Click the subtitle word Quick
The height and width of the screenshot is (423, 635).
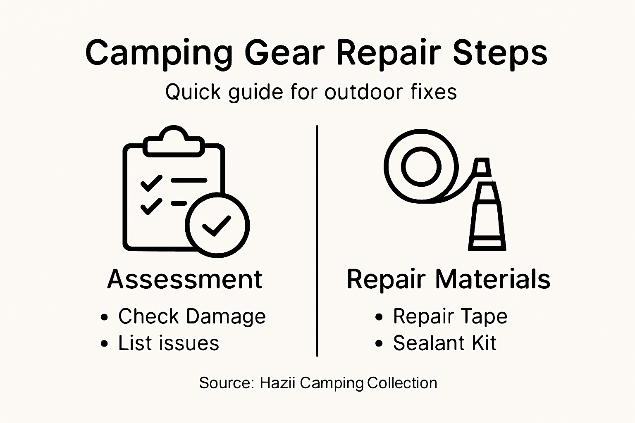tap(193, 92)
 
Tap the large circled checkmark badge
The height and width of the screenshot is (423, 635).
tap(217, 225)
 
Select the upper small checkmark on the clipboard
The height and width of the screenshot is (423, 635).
tap(151, 182)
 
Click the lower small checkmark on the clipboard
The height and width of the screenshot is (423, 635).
tap(151, 205)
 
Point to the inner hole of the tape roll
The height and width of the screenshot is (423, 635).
tap(421, 167)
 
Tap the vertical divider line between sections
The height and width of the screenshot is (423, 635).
tap(317, 240)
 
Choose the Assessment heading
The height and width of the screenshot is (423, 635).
tap(185, 279)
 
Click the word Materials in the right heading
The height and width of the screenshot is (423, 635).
tap(493, 279)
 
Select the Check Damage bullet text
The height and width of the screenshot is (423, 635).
tap(192, 317)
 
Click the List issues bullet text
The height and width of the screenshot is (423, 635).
tap(169, 343)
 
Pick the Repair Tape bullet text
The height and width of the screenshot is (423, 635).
tap(450, 317)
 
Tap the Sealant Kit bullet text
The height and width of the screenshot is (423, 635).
tap(444, 343)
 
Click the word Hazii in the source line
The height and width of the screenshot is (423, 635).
tap(277, 383)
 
